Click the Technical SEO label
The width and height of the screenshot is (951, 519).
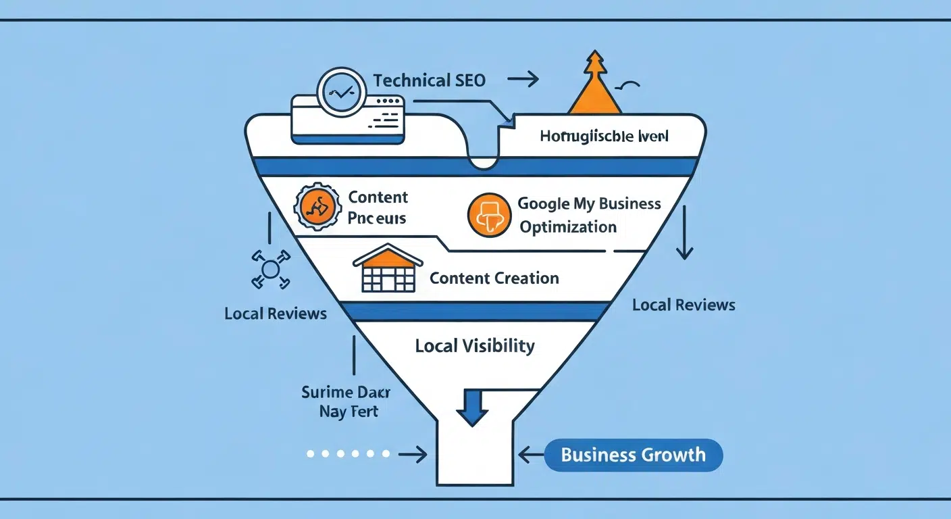pyautogui.click(x=429, y=80)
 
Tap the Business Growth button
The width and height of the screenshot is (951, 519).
pyautogui.click(x=633, y=455)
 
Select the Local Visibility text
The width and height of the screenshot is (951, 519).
pyautogui.click(x=474, y=347)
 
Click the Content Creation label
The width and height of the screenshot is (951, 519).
pyautogui.click(x=494, y=278)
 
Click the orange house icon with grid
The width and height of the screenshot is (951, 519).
pyautogui.click(x=388, y=268)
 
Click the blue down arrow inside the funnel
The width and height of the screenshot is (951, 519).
pyautogui.click(x=473, y=407)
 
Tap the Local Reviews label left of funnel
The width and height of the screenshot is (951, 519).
pyautogui.click(x=276, y=314)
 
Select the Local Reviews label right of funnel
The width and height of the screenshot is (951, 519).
pyautogui.click(x=684, y=305)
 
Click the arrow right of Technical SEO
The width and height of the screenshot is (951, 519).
pyautogui.click(x=523, y=80)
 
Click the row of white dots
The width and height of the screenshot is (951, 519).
pyautogui.click(x=348, y=454)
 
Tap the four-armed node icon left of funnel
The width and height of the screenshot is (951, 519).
pyautogui.click(x=269, y=270)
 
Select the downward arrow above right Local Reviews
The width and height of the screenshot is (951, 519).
pyautogui.click(x=685, y=233)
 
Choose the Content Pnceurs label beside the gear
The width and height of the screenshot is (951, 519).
pyautogui.click(x=378, y=207)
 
